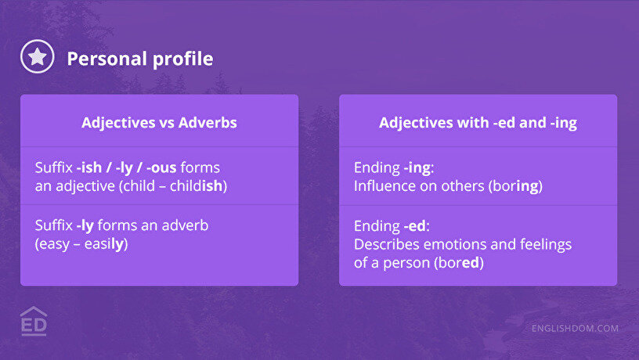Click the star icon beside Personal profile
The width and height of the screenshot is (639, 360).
pos(37,56)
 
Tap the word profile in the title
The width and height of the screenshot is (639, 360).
pos(183,59)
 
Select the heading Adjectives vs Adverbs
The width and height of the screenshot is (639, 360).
pos(159,123)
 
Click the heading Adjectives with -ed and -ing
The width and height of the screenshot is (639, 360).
pos(478,123)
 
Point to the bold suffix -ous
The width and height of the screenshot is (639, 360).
pos(161,167)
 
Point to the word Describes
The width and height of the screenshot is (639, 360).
pos(387,244)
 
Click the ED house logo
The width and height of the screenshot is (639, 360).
pos(34,321)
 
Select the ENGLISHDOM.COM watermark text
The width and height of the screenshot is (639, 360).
pos(575,328)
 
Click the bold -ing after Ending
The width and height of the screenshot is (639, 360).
pos(417,168)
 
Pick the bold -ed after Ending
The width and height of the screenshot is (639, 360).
pos(415,225)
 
